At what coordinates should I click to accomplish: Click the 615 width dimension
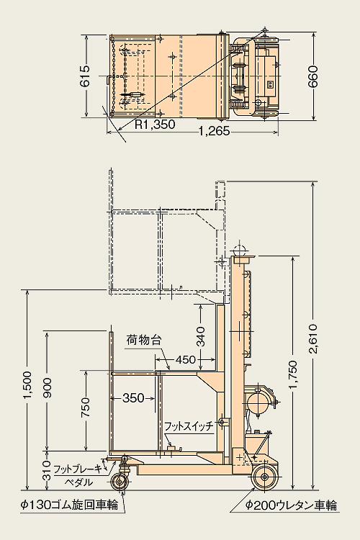[x=85, y=76]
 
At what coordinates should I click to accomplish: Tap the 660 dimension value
[x=313, y=76]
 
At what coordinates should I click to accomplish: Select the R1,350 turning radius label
[x=155, y=125]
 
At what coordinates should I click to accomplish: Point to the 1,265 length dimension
[x=214, y=131]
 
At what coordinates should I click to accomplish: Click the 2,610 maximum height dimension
[x=313, y=339]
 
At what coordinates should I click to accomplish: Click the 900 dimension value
[x=47, y=388]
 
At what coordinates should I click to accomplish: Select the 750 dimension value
[x=85, y=408]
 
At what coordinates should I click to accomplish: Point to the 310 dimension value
[x=47, y=471]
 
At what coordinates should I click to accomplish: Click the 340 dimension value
[x=200, y=336]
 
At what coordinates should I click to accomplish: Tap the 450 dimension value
[x=186, y=360]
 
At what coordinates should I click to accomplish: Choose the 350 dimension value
[x=133, y=398]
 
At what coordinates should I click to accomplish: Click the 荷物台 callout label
[x=144, y=341]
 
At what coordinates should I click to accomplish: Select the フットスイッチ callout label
[x=189, y=426]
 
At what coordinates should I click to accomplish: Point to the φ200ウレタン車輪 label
[x=291, y=505]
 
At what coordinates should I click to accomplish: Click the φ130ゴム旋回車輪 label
[x=69, y=505]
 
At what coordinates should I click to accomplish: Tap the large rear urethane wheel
[x=264, y=477]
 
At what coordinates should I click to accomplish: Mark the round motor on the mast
[x=257, y=403]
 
